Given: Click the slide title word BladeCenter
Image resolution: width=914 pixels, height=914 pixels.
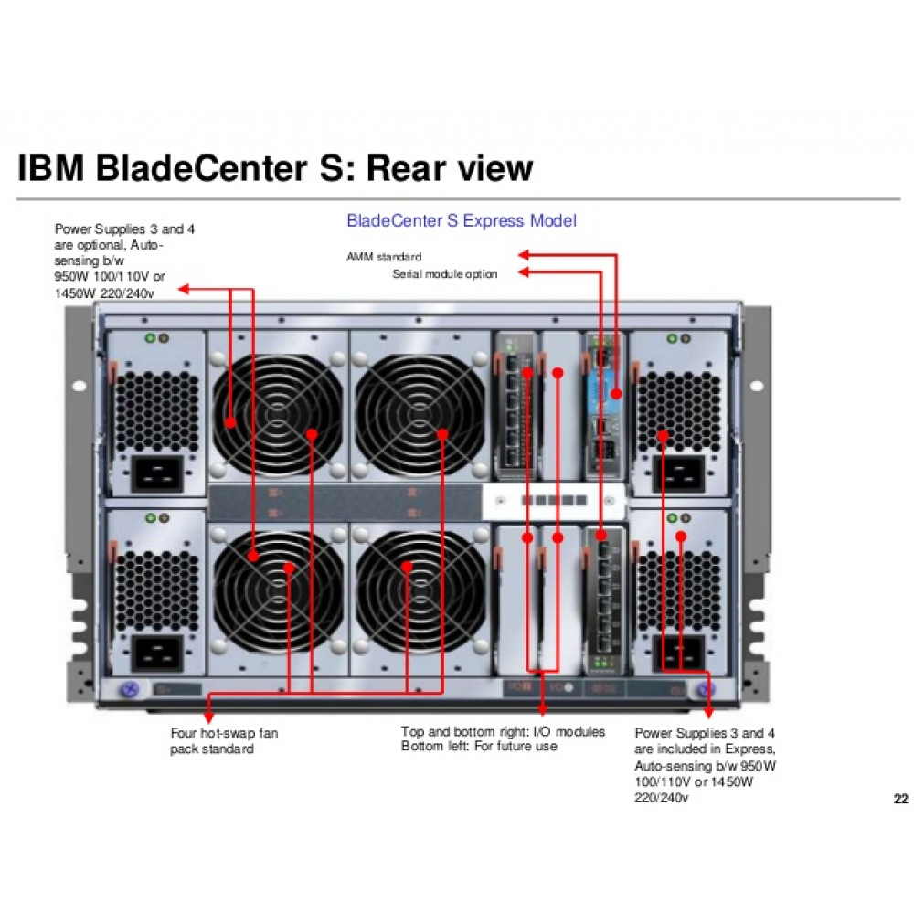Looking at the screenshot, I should pos(219,168).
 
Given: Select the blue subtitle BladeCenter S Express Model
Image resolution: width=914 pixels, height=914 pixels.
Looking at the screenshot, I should pos(462,221).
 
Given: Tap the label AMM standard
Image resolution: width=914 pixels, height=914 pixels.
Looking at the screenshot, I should pos(384,257).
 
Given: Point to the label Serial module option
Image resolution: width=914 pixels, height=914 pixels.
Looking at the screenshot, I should pos(445,274).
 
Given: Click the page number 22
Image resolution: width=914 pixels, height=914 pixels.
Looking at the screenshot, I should pos(900,800).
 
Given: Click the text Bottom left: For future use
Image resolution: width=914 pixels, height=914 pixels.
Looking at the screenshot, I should pos(479,747).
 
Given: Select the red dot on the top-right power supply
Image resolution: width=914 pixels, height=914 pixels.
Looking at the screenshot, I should pos(663,437).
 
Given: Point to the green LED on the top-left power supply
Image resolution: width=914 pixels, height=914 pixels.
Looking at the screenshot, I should pos(149,339).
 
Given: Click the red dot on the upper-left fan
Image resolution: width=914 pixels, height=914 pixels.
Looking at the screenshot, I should pos(230,422).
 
